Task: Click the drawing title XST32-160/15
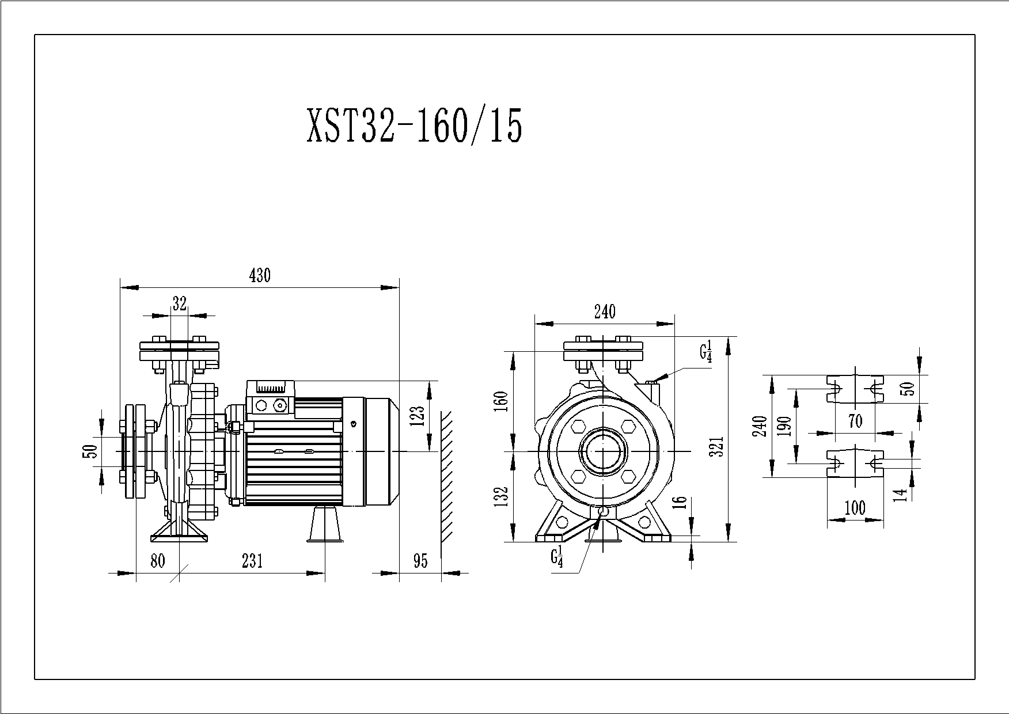point(415,126)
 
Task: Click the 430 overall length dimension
point(259,276)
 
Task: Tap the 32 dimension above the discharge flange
point(180,303)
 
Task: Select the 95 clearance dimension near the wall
point(421,561)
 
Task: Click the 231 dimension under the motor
point(252,561)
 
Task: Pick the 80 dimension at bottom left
point(158,561)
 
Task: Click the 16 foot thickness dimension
point(680,502)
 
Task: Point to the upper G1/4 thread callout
point(706,351)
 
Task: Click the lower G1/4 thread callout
point(556,558)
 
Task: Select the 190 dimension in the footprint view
point(784,426)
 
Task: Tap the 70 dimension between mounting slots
point(856,421)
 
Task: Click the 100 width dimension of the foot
point(855,508)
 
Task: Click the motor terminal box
point(271,397)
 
